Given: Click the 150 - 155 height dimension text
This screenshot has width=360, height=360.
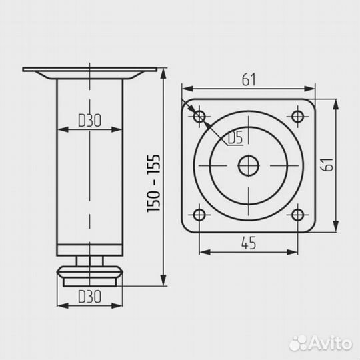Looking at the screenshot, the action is (x=153, y=183).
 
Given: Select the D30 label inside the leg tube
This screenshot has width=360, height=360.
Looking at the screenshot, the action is (x=89, y=120).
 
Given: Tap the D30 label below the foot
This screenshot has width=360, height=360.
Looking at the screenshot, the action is (x=89, y=297).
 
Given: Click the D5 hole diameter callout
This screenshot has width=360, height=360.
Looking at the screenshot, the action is (x=235, y=138).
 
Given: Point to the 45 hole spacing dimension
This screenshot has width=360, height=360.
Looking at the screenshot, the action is (x=249, y=243).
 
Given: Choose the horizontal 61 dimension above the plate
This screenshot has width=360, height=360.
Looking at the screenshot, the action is (x=249, y=80).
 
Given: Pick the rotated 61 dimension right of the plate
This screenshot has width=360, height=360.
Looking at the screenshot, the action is (x=327, y=165).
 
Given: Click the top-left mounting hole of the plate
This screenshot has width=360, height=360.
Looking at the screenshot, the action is (x=199, y=117).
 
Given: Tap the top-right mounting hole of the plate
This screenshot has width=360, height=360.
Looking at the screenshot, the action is (x=297, y=117).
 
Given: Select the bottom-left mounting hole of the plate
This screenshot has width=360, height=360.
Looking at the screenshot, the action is (x=199, y=215).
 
